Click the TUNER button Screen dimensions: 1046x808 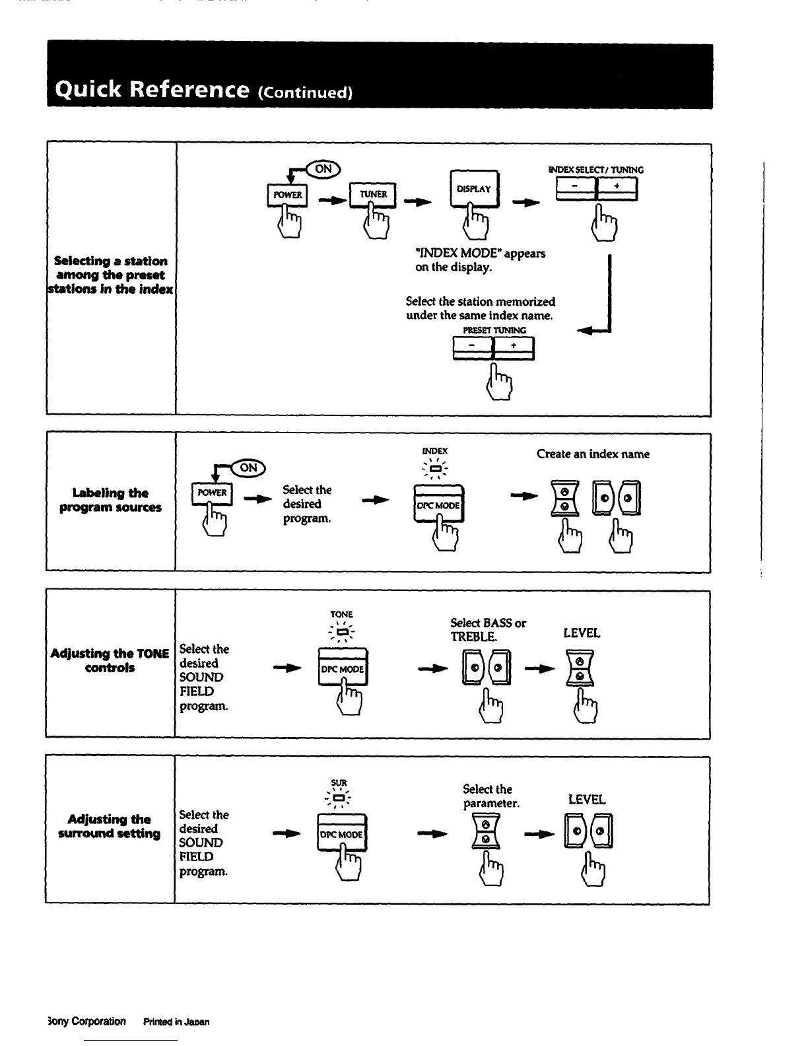[372, 194]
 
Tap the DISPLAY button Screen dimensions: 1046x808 [474, 188]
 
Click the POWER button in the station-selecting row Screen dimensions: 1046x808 [287, 195]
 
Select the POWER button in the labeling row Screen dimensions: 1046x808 [212, 493]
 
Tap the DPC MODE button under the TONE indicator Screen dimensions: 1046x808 [343, 668]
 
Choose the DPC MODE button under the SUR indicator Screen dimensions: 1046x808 [341, 834]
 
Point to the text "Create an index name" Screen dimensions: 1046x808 [592, 454]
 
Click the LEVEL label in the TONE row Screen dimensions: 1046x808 [582, 633]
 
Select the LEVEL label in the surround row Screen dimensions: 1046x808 [586, 800]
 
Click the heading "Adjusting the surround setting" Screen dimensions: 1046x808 [110, 826]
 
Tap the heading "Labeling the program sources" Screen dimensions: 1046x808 [110, 500]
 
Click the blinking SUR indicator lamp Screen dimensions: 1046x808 [339, 798]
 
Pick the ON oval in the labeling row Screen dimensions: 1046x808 [248, 468]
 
